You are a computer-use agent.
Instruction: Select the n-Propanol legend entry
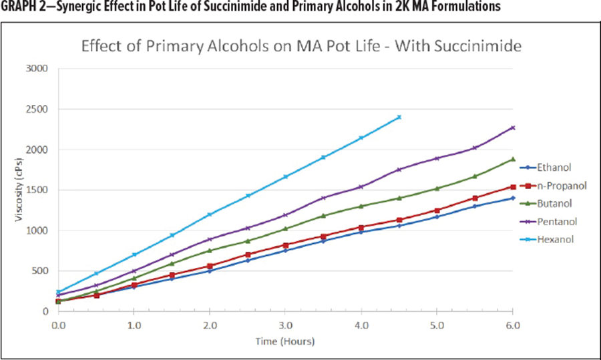[558, 185]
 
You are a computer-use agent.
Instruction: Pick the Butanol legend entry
[555, 202]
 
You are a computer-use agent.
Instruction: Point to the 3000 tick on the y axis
[39, 69]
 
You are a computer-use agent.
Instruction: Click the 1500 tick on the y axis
[39, 190]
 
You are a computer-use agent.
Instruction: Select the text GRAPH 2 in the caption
[25, 7]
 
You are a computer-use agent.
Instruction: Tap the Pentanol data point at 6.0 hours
[513, 128]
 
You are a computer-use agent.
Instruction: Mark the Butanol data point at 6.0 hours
[513, 159]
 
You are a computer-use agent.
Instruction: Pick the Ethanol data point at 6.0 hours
[513, 198]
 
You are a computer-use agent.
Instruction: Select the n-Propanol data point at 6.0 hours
[513, 187]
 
